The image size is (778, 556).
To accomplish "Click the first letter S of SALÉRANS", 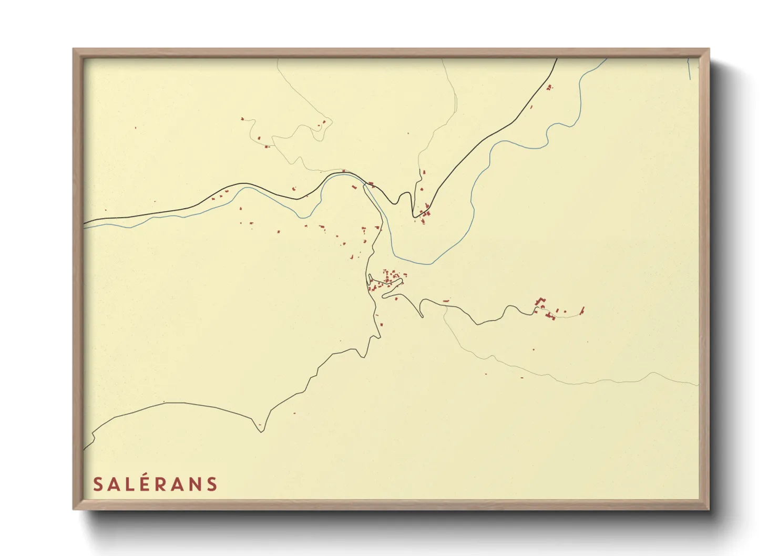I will (98, 484).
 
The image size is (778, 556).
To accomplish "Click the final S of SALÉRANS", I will (211, 484).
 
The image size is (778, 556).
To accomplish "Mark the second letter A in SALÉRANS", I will (178, 484).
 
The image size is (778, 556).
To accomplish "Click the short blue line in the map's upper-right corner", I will (689, 69).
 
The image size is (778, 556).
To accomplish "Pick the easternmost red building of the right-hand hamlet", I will (582, 310).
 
